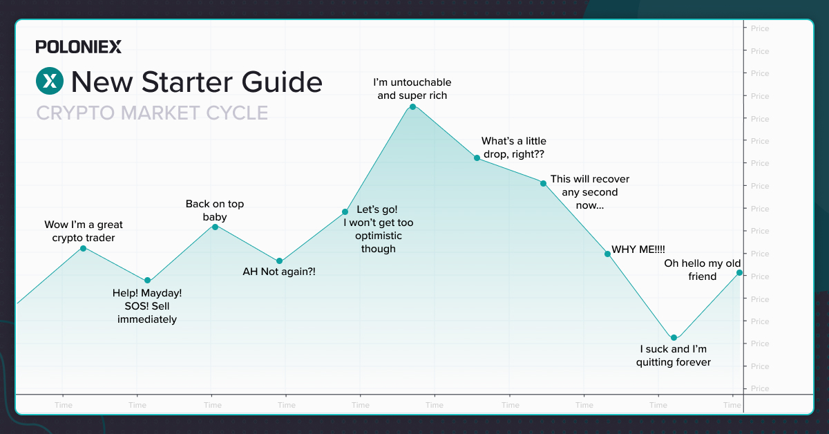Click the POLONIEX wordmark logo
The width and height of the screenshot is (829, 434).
click(79, 47)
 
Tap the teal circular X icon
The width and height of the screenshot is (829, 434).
click(50, 81)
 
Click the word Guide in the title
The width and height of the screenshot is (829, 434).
click(282, 82)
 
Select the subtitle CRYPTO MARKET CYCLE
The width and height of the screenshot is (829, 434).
click(152, 113)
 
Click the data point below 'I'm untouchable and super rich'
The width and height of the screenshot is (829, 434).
click(413, 107)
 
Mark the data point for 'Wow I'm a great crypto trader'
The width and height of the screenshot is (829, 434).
click(84, 249)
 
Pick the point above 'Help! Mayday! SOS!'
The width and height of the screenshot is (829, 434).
click(147, 281)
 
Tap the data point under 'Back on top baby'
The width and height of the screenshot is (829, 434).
click(215, 227)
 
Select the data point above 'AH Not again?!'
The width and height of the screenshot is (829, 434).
click(279, 261)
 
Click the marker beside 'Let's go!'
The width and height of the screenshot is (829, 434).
click(345, 211)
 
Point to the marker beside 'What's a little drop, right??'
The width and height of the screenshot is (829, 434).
click(477, 158)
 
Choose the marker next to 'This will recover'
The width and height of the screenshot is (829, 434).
click(543, 183)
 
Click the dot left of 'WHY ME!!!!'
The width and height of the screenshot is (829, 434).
click(607, 254)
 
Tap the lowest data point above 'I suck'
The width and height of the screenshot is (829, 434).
click(674, 338)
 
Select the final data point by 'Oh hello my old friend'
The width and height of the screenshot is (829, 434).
click(739, 273)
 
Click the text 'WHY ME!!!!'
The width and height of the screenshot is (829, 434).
click(638, 249)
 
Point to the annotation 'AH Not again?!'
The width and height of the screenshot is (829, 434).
click(279, 272)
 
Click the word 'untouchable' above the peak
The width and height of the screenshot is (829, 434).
click(421, 82)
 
